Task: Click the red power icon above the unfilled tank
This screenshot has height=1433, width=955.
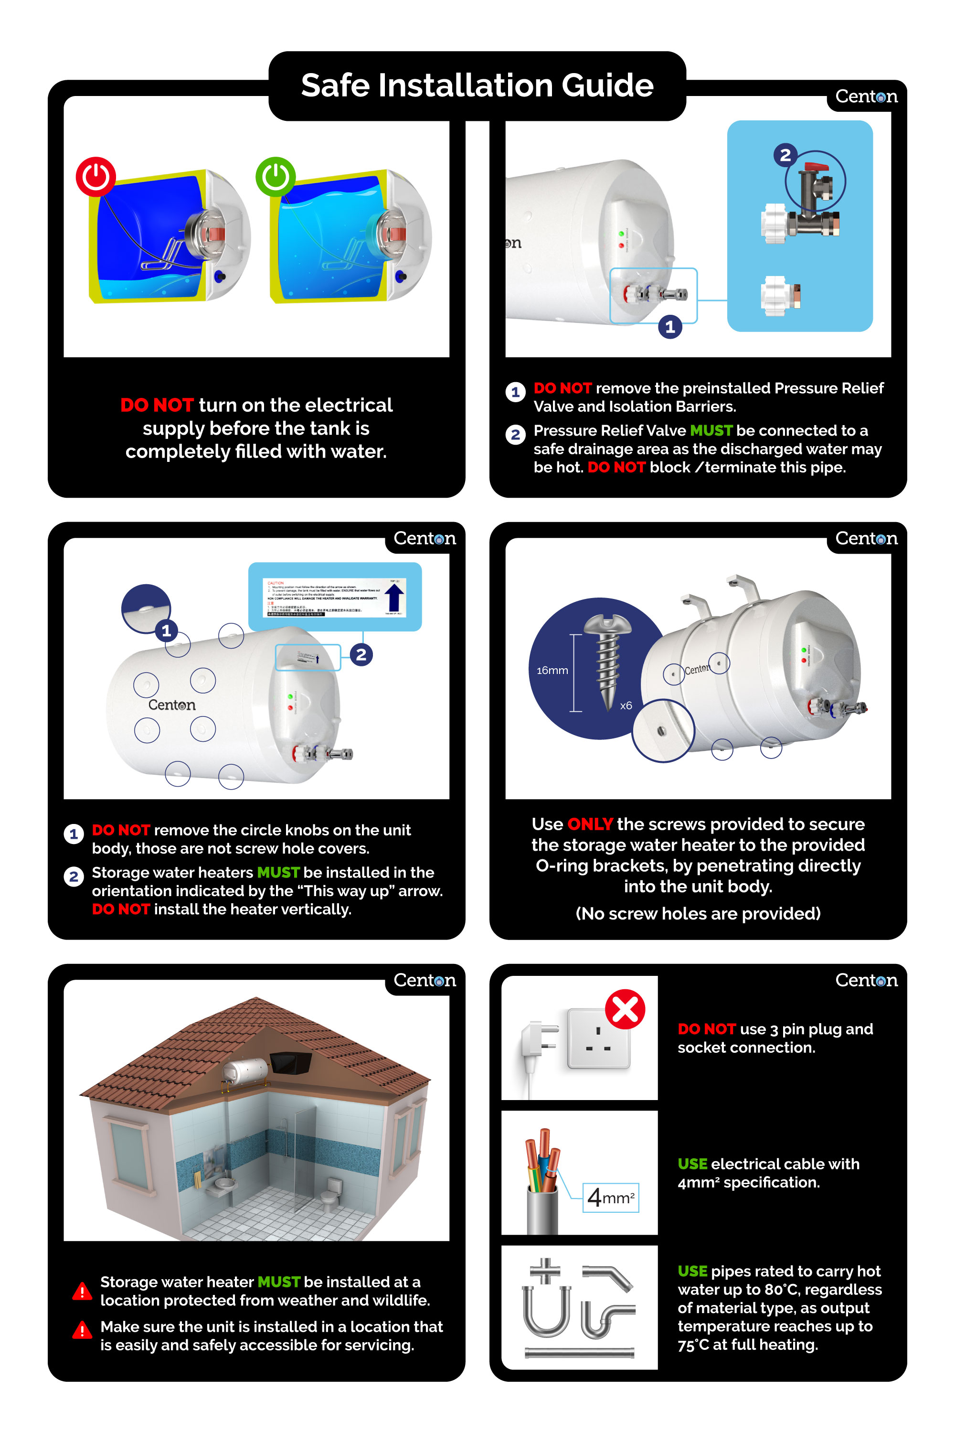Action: [x=95, y=177]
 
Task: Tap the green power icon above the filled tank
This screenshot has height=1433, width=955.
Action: [x=276, y=177]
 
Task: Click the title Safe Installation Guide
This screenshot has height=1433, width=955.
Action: [x=477, y=86]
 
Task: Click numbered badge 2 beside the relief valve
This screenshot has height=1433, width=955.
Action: [x=785, y=155]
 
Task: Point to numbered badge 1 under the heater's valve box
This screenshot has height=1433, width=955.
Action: [x=670, y=327]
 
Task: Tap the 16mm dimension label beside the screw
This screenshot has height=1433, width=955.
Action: [x=552, y=670]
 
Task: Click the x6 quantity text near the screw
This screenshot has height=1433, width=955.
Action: [x=626, y=706]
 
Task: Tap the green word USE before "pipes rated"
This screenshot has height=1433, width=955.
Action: [x=692, y=1271]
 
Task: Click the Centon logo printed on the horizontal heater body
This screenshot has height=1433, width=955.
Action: [x=172, y=705]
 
